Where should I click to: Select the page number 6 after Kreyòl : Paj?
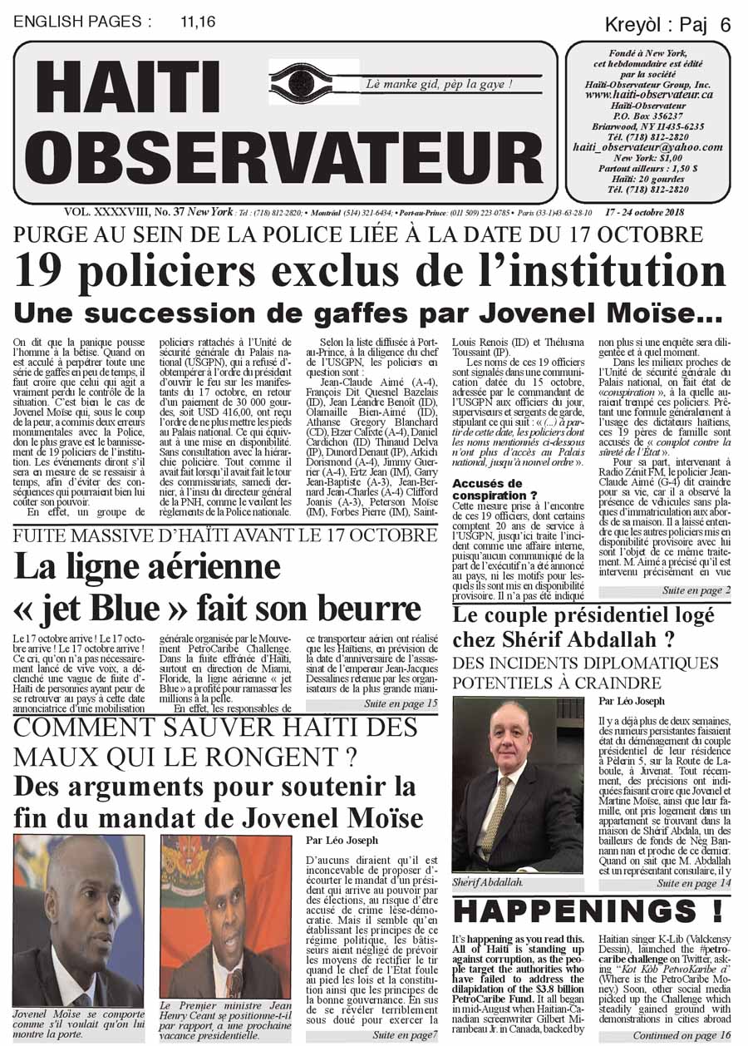tap(726, 26)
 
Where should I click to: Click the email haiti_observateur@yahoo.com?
tap(647, 146)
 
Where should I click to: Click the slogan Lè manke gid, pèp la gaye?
tap(439, 84)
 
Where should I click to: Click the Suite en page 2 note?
tap(696, 590)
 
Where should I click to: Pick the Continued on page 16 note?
tap(682, 1035)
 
